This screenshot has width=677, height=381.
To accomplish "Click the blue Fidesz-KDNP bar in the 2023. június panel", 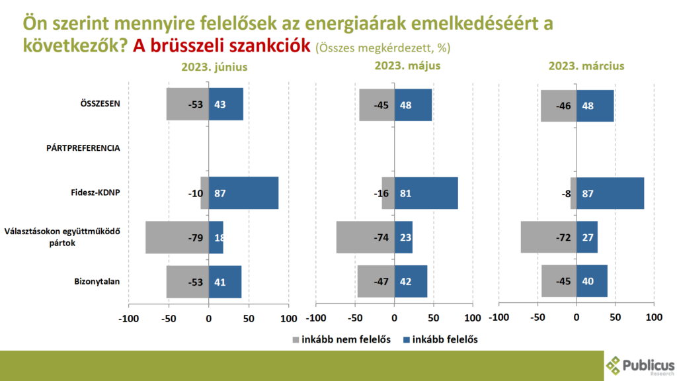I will click(x=243, y=193).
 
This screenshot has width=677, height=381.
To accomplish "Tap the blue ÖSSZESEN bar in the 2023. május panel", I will click(x=413, y=105).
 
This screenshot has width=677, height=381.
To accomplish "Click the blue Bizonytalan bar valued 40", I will click(x=592, y=281).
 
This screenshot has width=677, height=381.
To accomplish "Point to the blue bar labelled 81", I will click(x=426, y=193).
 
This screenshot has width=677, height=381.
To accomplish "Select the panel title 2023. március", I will click(x=586, y=66).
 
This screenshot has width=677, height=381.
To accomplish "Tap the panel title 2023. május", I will click(x=407, y=66).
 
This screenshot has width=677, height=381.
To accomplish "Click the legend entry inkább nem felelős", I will click(x=341, y=339).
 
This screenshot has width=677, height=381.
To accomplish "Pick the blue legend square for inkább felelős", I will click(x=405, y=339).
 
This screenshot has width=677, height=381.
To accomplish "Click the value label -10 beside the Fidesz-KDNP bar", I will click(x=195, y=194).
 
